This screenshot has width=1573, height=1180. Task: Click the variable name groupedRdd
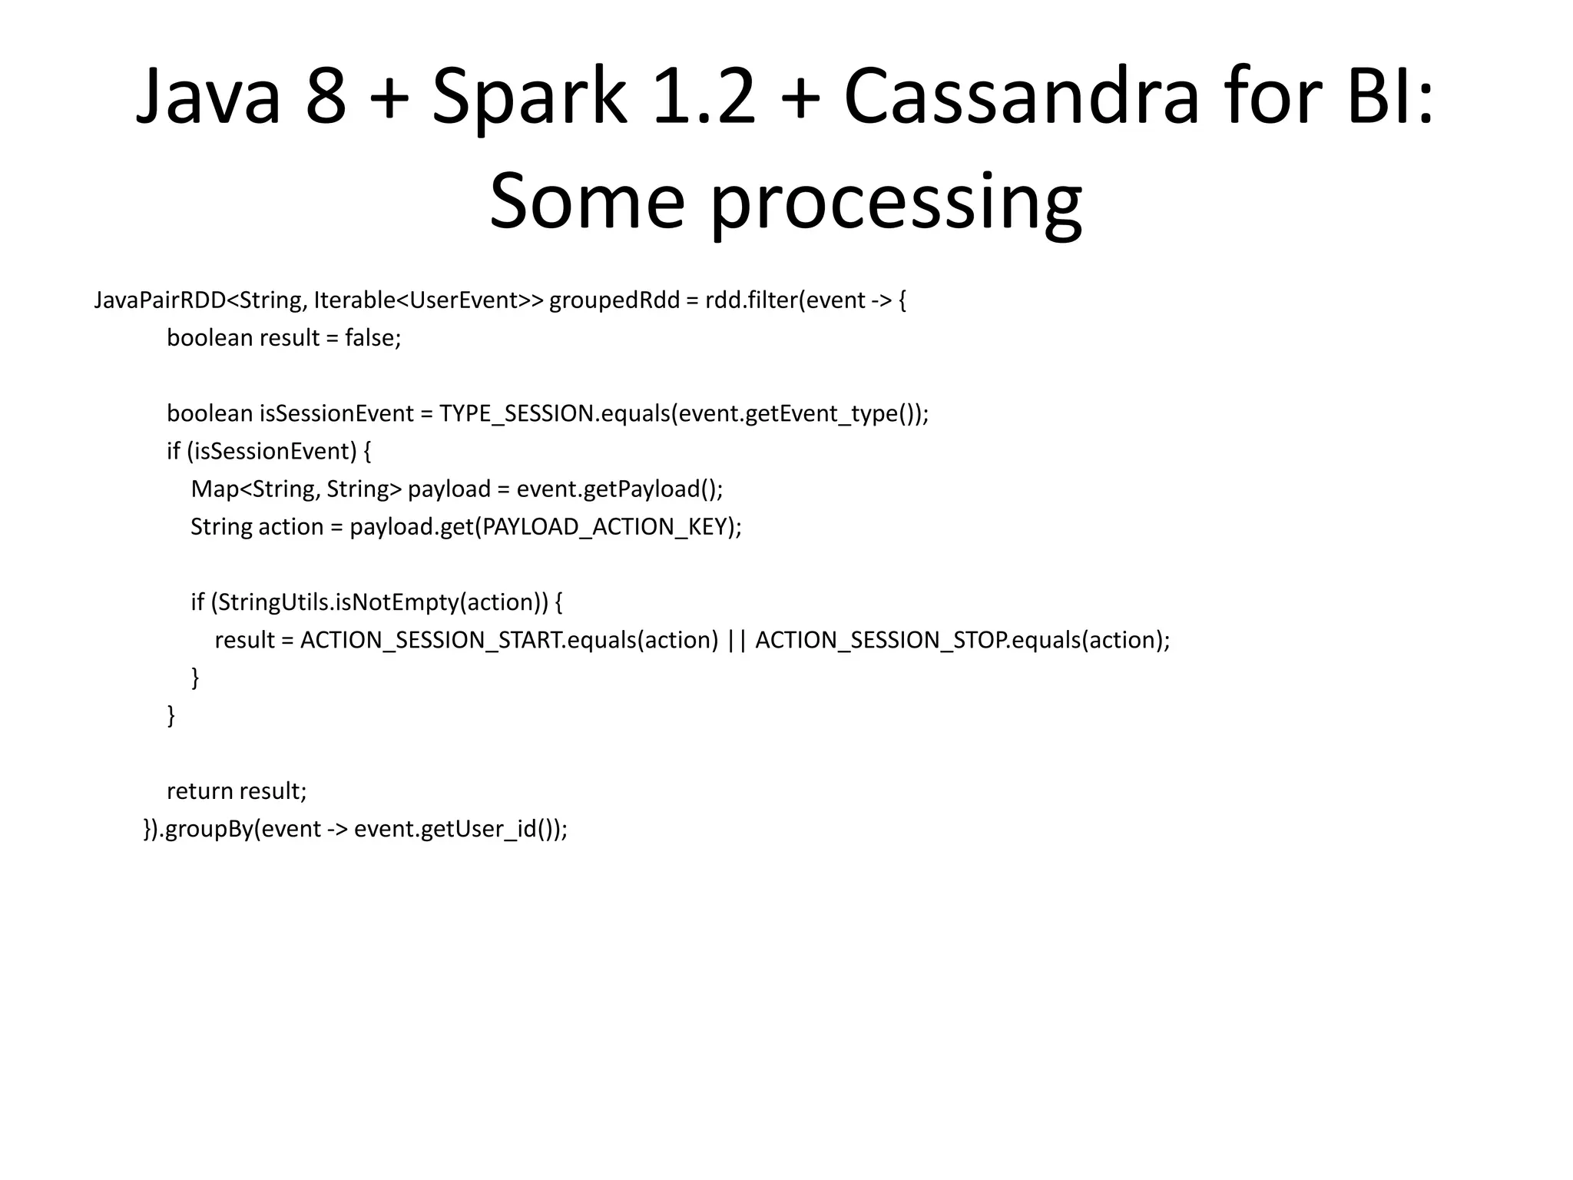[614, 300]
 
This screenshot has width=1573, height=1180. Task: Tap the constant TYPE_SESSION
[516, 413]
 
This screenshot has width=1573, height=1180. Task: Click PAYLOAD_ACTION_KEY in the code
[604, 526]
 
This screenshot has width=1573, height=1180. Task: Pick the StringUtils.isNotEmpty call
[338, 602]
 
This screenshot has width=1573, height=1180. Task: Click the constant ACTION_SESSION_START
[430, 640]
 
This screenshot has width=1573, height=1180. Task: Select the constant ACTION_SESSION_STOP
[880, 640]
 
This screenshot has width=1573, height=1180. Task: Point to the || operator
[737, 640]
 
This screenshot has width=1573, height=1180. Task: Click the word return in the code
[200, 791]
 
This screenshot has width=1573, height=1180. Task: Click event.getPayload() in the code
[619, 489]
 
